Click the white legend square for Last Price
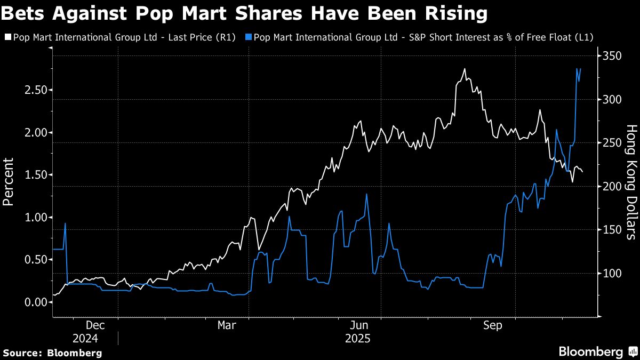point(7,37)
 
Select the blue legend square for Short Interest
point(249,37)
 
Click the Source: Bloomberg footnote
point(52,353)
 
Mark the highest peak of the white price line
point(465,69)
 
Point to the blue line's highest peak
point(577,69)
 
